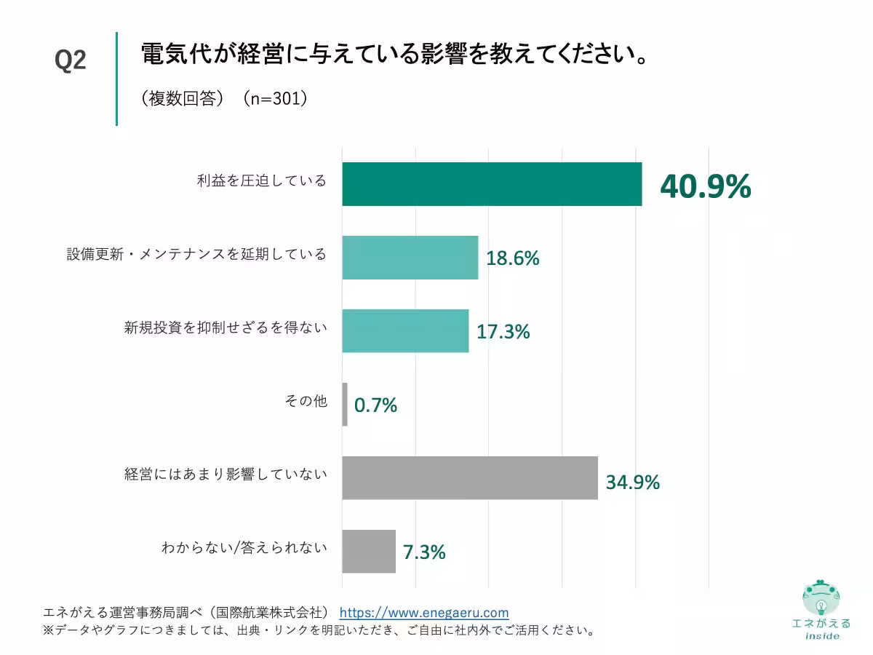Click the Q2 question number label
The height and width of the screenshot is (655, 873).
71,60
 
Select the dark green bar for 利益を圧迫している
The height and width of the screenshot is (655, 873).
492,184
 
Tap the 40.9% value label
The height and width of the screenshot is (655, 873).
705,186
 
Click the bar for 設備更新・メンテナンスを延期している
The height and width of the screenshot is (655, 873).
410,258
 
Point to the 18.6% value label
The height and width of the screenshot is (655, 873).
513,258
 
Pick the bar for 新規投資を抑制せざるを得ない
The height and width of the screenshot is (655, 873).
405,331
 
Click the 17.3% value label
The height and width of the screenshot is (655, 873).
503,332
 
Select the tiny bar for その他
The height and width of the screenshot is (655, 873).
345,405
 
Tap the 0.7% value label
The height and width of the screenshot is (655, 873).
375,405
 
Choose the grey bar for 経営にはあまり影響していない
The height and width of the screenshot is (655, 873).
470,478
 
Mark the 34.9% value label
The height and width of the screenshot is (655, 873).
633,482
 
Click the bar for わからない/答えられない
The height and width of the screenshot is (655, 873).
369,552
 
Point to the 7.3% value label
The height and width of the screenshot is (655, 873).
424,552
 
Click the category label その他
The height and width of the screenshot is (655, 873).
306,401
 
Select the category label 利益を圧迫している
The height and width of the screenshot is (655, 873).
261,181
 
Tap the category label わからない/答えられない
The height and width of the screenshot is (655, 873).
244,548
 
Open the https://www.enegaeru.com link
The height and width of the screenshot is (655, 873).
424,613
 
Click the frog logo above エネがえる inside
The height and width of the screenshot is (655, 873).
821,599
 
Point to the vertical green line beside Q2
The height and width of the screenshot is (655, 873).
116,79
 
